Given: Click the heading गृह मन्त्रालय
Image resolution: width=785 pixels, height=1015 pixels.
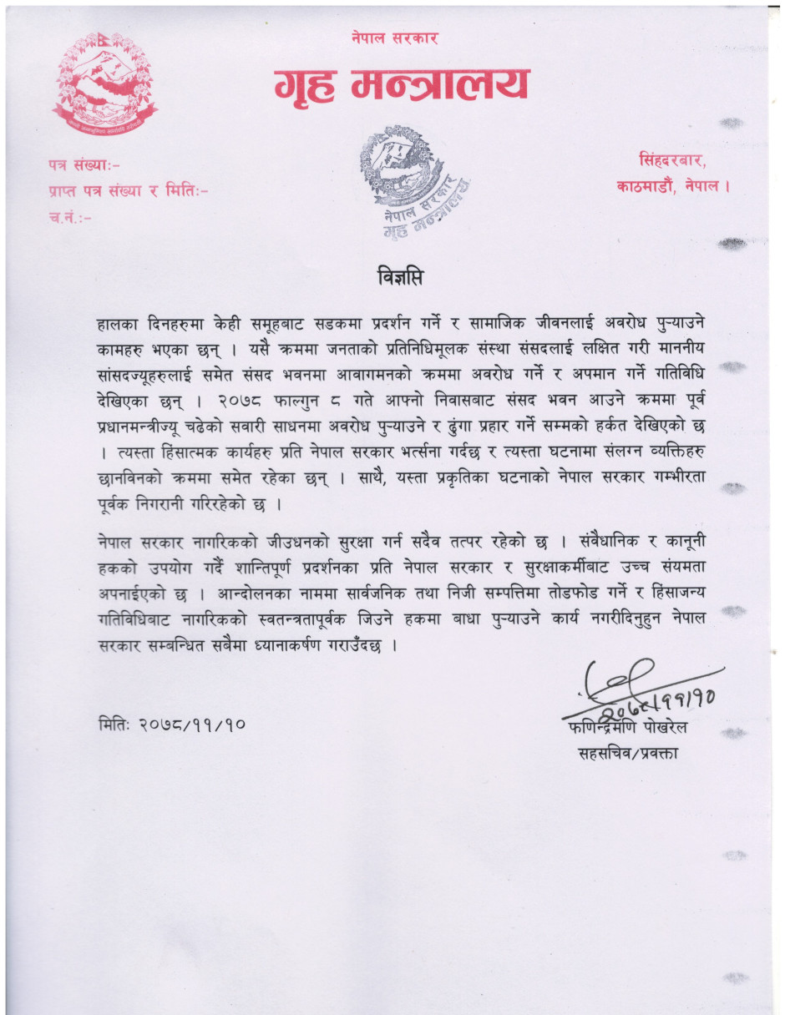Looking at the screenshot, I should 402,85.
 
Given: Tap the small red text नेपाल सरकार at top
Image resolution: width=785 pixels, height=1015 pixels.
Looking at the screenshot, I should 394,38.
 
